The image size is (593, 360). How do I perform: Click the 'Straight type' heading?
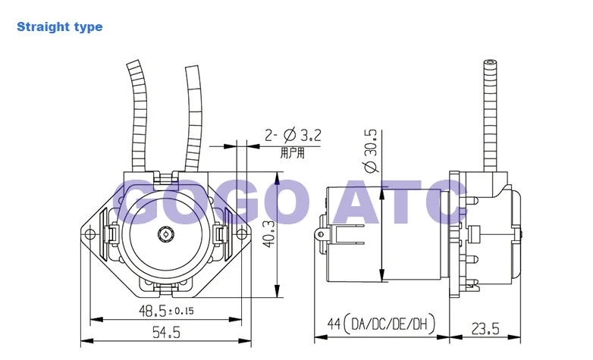pyautogui.click(x=59, y=27)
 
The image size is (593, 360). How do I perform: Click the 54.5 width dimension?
pyautogui.click(x=166, y=333)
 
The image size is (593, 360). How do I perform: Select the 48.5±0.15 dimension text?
pyautogui.click(x=166, y=311)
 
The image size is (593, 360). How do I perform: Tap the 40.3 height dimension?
pyautogui.click(x=269, y=234)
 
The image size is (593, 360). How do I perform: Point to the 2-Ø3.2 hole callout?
pyautogui.click(x=293, y=135)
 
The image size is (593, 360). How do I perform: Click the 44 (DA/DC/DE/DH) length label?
pyautogui.click(x=381, y=324)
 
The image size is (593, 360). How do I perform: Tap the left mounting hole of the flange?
pyautogui.click(x=89, y=234)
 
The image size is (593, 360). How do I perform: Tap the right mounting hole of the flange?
pyautogui.click(x=241, y=234)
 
